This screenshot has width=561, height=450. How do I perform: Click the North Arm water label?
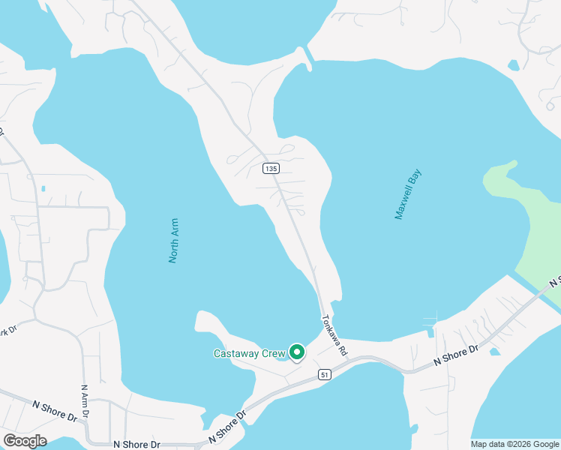(x=174, y=241)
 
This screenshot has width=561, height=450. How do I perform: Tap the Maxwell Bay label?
(x=409, y=194)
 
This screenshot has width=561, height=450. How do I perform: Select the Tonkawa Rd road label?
(x=334, y=334)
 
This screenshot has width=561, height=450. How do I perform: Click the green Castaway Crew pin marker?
(x=297, y=351)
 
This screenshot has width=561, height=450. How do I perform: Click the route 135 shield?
(x=271, y=169)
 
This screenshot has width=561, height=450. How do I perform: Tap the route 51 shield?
(x=324, y=374)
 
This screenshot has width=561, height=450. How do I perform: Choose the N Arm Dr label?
(x=85, y=401)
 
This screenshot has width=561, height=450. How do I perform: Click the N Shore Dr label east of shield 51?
(x=456, y=356)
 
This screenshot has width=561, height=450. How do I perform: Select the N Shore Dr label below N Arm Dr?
(x=136, y=444)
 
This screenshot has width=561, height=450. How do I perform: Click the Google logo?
(x=25, y=441)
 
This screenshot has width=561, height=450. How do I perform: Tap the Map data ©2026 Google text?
(x=515, y=444)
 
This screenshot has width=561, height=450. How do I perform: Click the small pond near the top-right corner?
(x=513, y=65)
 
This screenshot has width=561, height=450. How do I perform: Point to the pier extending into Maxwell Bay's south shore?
(x=431, y=323)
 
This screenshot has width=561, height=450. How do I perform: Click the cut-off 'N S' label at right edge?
(x=554, y=282)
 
